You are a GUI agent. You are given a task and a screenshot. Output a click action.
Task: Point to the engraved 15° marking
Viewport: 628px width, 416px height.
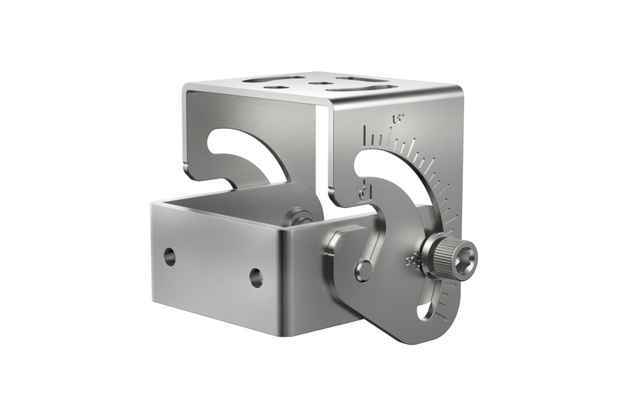pos(398,120)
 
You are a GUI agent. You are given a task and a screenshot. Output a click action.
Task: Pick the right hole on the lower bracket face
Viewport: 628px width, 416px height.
pos(256,278)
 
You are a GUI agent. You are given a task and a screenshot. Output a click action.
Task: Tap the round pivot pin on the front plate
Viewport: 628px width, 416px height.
pos(362,270)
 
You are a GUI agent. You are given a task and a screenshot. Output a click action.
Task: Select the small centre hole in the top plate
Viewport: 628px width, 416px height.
pos(321,83)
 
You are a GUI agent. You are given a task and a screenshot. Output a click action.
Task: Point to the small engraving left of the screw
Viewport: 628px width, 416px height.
pos(411,260)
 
